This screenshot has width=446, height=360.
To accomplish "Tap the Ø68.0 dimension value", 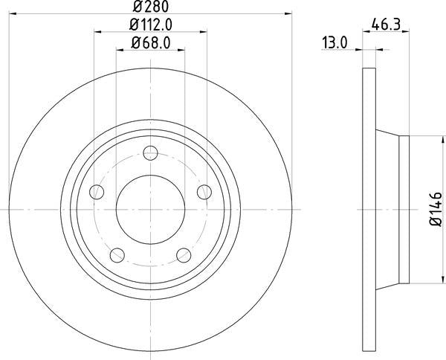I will coord(151,43).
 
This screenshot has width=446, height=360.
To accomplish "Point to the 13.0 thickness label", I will coord(335,43).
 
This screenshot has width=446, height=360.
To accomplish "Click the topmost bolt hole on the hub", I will coord(151,154).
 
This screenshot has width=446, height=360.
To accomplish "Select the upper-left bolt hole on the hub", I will coord(96,193).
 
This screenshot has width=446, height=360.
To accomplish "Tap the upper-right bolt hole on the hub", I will coord(205,193).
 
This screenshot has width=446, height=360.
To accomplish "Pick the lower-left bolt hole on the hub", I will coord(117,257).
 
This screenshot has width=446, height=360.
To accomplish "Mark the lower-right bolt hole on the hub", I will coord(184,257).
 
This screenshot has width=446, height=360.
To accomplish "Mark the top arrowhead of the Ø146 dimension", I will coord(434,141).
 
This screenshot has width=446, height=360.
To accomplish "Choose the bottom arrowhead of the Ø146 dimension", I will coord(434,280).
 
